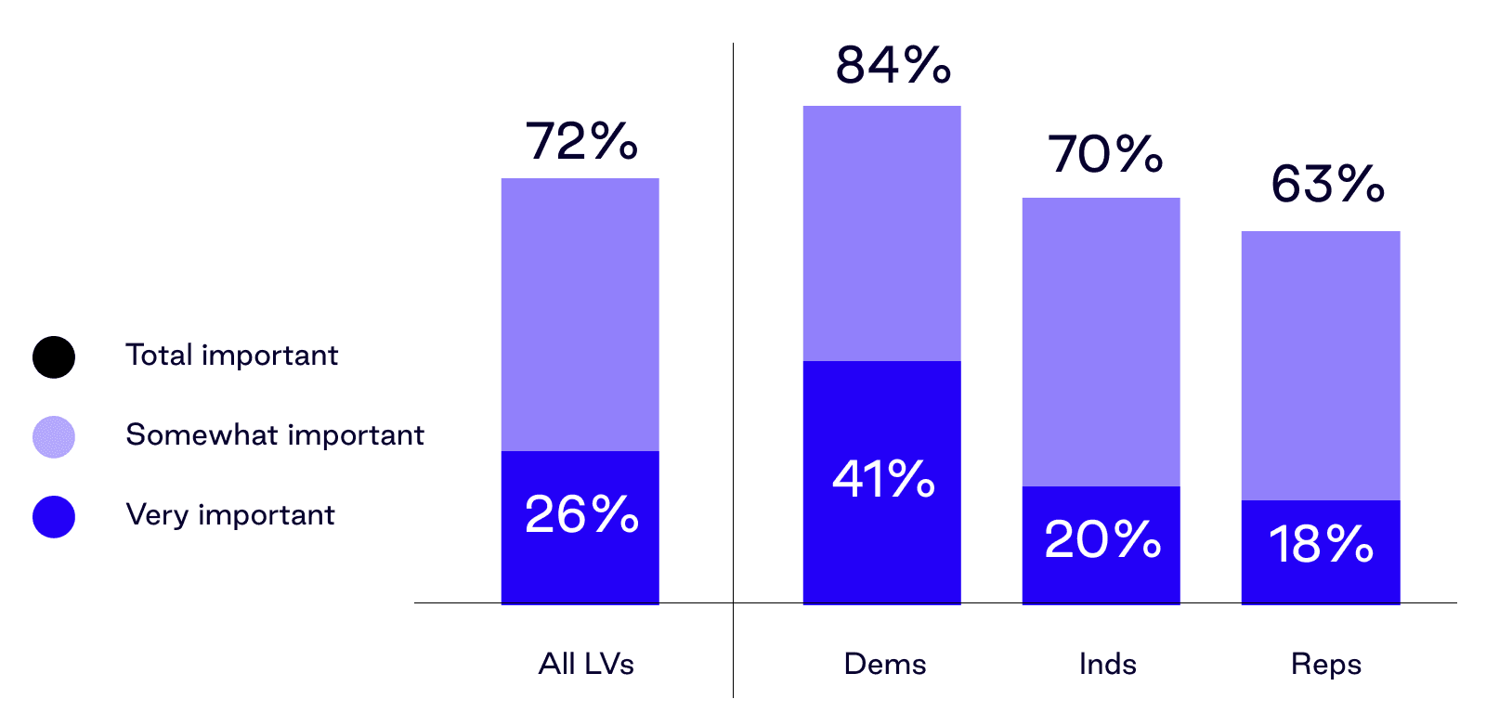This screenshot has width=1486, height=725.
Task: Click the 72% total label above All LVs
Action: (x=581, y=141)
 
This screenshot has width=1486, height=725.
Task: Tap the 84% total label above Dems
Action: (x=893, y=65)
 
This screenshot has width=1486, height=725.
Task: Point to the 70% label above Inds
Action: (x=1104, y=154)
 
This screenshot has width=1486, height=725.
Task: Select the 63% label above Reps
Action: (x=1327, y=184)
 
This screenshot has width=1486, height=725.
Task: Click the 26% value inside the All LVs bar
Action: (x=581, y=514)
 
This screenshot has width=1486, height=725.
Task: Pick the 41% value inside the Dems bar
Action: (x=883, y=480)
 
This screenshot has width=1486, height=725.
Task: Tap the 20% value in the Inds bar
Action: (x=1102, y=539)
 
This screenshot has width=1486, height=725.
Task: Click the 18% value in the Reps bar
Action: (x=1321, y=545)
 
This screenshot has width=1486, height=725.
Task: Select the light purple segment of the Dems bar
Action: (x=881, y=232)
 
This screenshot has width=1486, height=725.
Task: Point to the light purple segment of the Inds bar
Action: (x=1101, y=341)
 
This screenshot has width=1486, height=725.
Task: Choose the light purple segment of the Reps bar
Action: (x=1320, y=365)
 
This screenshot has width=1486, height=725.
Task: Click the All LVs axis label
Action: (x=586, y=664)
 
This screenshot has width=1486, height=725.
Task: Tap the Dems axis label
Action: (x=884, y=664)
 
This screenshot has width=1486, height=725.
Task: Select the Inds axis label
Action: (x=1107, y=664)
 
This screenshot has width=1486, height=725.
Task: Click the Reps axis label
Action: (x=1325, y=664)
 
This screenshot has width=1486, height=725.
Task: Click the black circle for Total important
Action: (x=54, y=356)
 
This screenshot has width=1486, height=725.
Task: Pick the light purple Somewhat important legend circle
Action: (x=54, y=436)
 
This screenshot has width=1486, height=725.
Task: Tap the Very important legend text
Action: (x=230, y=515)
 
